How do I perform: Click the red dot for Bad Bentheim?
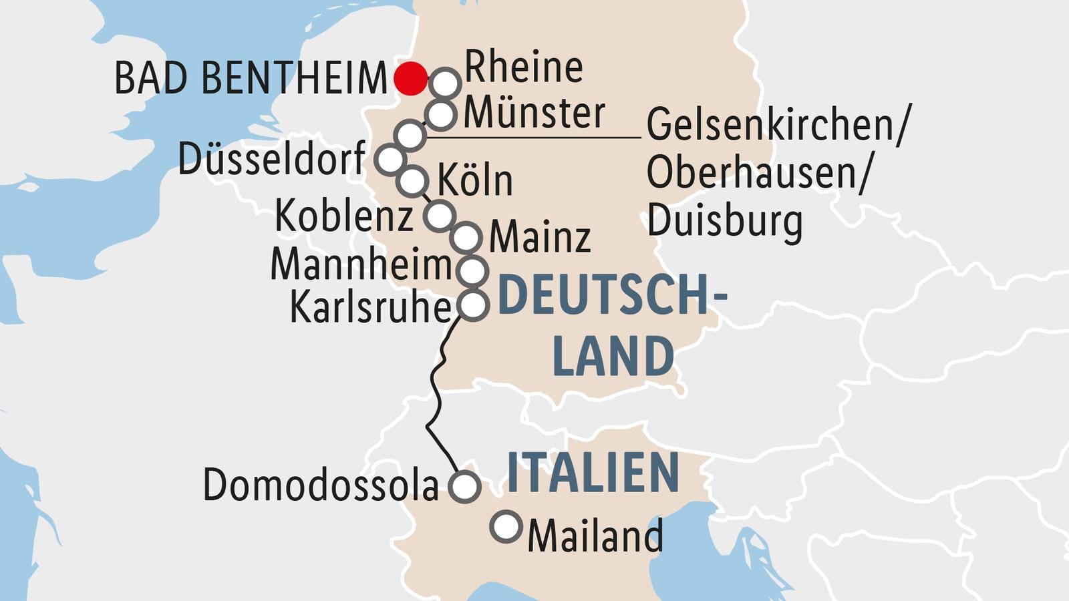(x=410, y=78)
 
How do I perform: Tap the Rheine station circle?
(x=446, y=83)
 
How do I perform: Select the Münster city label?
(x=534, y=114)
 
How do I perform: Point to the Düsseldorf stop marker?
(x=390, y=160)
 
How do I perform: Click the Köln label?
(x=475, y=180)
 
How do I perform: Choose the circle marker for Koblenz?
(x=440, y=216)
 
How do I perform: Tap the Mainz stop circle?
(x=466, y=237)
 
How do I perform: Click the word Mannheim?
(x=361, y=264)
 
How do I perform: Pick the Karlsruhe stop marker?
(x=473, y=305)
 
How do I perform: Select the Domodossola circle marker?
(x=464, y=486)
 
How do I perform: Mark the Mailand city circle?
(x=506, y=527)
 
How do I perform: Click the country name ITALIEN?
(x=593, y=473)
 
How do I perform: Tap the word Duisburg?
(x=724, y=221)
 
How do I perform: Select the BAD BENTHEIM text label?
(x=251, y=79)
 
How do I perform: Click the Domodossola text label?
(x=321, y=485)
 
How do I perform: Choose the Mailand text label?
(x=595, y=536)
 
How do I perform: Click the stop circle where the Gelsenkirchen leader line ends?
(x=410, y=135)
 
